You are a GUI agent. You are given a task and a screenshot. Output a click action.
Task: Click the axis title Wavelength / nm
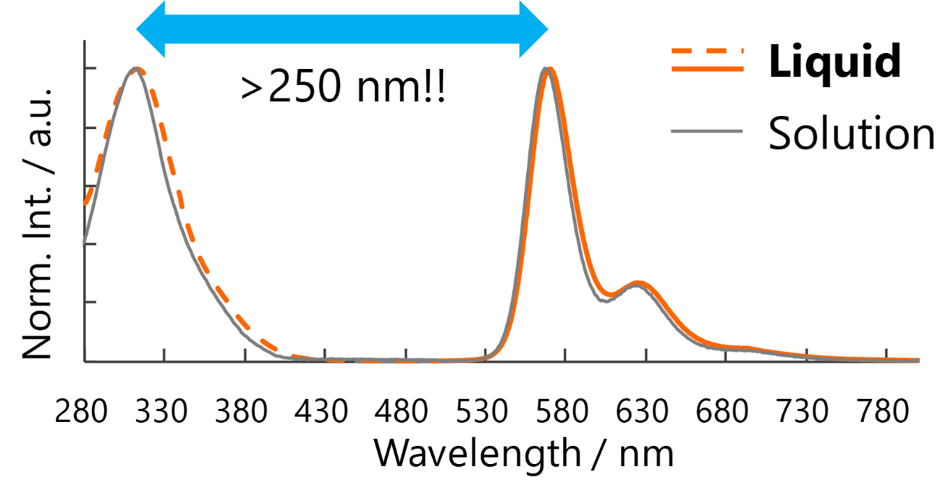click(x=524, y=454)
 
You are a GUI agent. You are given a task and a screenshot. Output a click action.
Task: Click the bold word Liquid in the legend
click(x=835, y=62)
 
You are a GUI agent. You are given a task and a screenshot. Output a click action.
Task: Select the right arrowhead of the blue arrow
click(x=534, y=29)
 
